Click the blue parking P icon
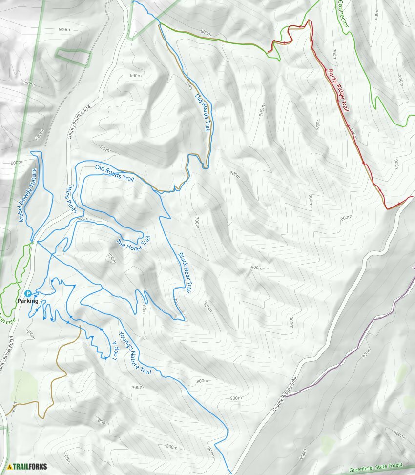28,293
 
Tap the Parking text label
28,301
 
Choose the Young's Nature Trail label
134,354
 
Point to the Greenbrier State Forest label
381,470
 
